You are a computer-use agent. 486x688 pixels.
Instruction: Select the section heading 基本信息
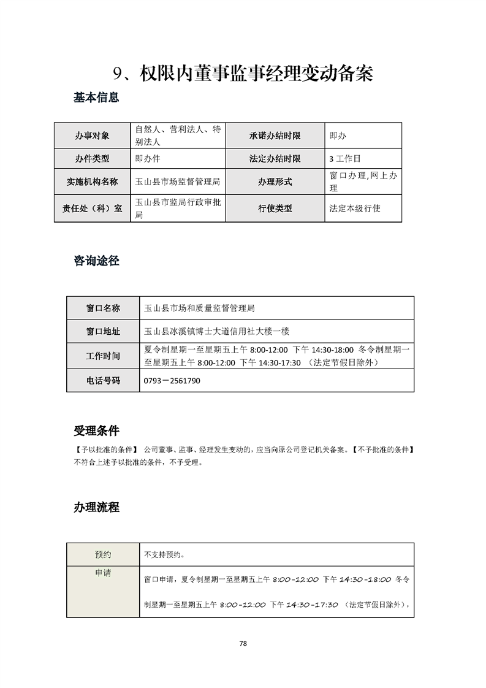tap(96, 97)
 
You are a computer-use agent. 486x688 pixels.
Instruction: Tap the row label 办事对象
tap(92, 136)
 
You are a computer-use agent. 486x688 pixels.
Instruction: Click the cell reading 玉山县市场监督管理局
tap(178, 182)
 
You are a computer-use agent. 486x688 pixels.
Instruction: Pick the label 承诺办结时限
tap(275, 136)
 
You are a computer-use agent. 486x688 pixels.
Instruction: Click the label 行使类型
tap(275, 208)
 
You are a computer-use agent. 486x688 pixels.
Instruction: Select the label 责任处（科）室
tap(92, 208)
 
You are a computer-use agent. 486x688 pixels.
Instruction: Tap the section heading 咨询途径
tap(96, 261)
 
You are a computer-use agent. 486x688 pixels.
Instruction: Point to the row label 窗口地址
tap(103, 332)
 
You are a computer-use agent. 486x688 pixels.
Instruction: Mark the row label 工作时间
tap(103, 356)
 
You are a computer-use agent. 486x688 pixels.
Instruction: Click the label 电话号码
tap(103, 381)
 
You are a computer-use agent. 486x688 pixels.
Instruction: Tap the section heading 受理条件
tap(96, 430)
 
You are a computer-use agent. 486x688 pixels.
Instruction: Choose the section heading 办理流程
tap(96, 508)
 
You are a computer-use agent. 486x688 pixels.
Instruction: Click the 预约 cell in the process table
tap(103, 554)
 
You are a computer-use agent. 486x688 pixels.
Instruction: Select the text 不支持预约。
tap(164, 555)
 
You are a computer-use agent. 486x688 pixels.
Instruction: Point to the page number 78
tap(243, 644)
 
